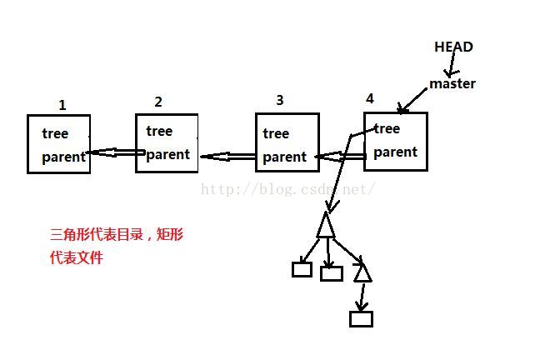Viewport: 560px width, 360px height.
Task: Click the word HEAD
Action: click(453, 47)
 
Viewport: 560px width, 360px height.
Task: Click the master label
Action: click(452, 83)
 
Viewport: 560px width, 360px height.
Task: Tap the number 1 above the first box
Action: click(62, 105)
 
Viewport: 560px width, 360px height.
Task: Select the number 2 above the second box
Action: click(158, 102)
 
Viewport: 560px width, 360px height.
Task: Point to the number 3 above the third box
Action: click(279, 100)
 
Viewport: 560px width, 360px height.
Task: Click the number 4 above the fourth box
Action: click(369, 98)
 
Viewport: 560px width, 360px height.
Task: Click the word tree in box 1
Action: click(55, 133)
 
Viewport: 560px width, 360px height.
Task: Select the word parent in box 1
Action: click(63, 157)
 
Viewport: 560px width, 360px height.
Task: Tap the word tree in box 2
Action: click(159, 131)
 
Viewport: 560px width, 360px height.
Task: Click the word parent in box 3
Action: click(284, 157)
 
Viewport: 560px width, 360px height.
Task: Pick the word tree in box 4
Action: click(387, 128)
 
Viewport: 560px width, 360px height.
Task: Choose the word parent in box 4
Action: click(395, 152)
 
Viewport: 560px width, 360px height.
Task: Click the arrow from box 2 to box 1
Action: click(114, 153)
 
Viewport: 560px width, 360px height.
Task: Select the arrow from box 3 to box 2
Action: click(227, 156)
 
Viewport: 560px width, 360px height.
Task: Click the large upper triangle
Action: click(326, 225)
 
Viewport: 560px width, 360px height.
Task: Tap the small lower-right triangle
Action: click(362, 272)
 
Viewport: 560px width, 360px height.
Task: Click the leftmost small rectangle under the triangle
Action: click(302, 269)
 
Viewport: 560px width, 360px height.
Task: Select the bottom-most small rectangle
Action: click(362, 318)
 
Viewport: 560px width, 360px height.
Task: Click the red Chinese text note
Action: click(117, 246)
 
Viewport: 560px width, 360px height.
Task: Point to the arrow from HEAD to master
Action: click(448, 66)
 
